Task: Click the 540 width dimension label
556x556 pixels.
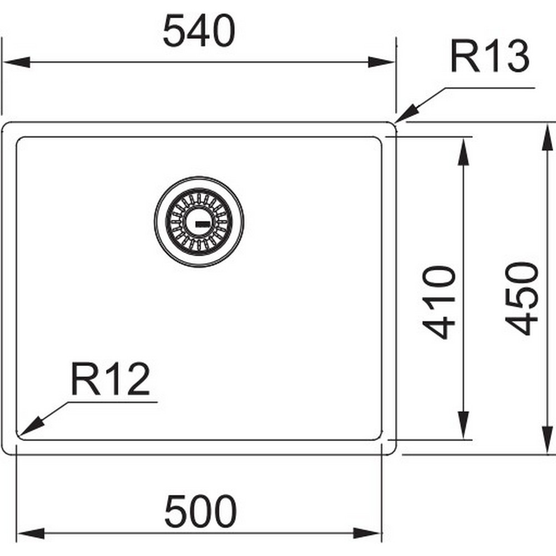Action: point(199,31)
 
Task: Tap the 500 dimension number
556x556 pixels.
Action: point(201,511)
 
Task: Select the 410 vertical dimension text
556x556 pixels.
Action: point(439,302)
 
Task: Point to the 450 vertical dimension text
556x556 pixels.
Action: point(522,299)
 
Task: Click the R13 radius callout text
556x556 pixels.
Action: point(490,56)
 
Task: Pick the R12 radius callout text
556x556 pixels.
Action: point(110,379)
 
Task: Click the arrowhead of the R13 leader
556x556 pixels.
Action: point(407,114)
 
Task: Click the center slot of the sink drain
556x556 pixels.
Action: point(201,224)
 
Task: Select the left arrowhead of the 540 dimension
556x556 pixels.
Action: point(17,62)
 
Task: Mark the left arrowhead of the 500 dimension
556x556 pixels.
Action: point(31,533)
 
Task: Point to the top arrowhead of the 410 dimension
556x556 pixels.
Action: point(464,152)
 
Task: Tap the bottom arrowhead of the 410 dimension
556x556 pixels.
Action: point(464,425)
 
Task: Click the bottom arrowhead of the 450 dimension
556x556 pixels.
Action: point(548,439)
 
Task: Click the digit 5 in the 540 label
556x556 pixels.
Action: point(173,31)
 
